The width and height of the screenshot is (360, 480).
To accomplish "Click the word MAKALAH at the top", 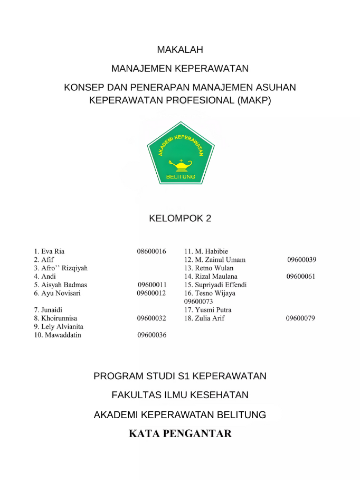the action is pyautogui.click(x=180, y=50).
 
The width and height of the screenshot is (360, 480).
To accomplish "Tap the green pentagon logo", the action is pyautogui.click(x=181, y=153).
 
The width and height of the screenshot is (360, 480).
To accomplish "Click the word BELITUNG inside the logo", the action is pyautogui.click(x=181, y=176).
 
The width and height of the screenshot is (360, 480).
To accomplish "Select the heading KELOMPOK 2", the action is pyautogui.click(x=180, y=218).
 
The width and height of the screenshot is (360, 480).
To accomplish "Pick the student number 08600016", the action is pyautogui.click(x=151, y=251).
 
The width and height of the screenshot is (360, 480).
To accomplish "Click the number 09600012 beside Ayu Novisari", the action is pyautogui.click(x=151, y=293).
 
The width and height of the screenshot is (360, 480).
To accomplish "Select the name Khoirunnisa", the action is pyautogui.click(x=59, y=318).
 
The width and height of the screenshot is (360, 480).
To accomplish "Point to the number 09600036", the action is pyautogui.click(x=152, y=335).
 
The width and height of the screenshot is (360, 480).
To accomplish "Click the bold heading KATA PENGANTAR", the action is pyautogui.click(x=180, y=434).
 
